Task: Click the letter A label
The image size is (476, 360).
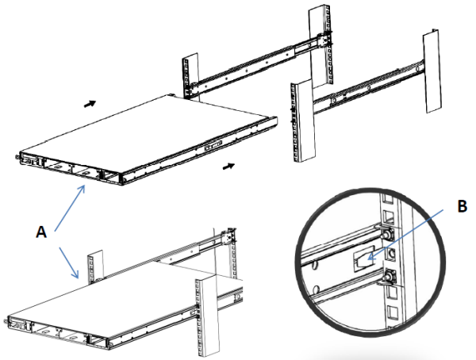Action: coord(41,232)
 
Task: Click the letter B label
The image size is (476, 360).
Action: coord(462,206)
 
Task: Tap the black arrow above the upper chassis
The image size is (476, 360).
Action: coord(90,104)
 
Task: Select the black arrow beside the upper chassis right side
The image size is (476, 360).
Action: coord(228,166)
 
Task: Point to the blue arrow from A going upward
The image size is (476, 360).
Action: coord(70,209)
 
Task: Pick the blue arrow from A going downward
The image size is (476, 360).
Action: coord(68,263)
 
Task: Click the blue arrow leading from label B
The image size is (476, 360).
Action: coord(405,235)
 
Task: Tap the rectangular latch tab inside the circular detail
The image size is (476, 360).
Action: coord(363,260)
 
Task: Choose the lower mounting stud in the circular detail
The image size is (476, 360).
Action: coord(387,278)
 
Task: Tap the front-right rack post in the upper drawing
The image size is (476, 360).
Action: coord(302,121)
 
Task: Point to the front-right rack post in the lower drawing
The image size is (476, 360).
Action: coord(207,316)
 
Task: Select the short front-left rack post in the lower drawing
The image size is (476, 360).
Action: coord(95,267)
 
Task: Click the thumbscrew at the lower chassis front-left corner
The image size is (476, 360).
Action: coord(6,321)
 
